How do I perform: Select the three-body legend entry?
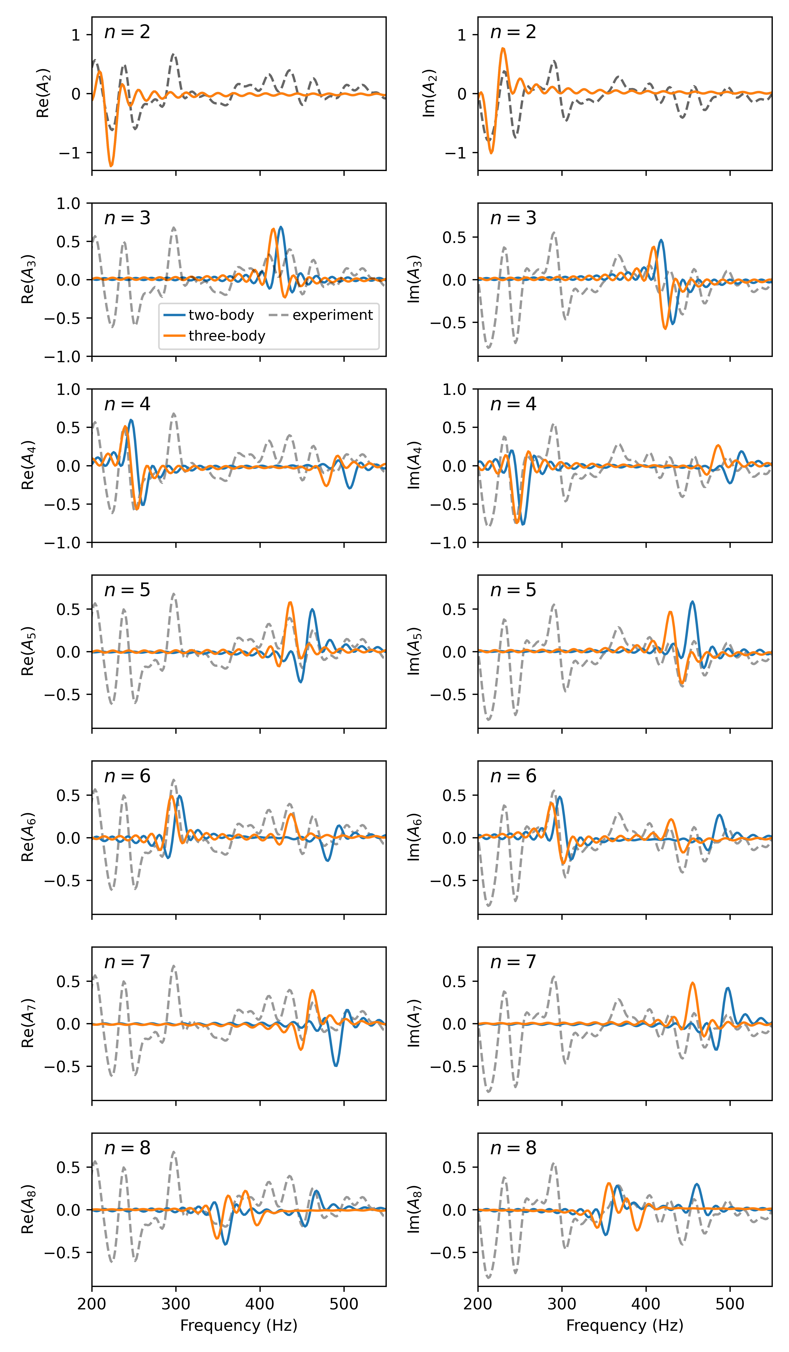point(227,336)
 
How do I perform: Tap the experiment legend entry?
point(332,315)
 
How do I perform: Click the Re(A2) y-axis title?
point(43,93)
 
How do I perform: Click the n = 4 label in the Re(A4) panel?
point(127,404)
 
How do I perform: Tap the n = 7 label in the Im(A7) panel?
point(513,962)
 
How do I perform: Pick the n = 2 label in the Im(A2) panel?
point(513,32)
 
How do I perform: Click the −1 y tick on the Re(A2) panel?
point(69,153)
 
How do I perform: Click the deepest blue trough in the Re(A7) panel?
point(336,1065)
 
